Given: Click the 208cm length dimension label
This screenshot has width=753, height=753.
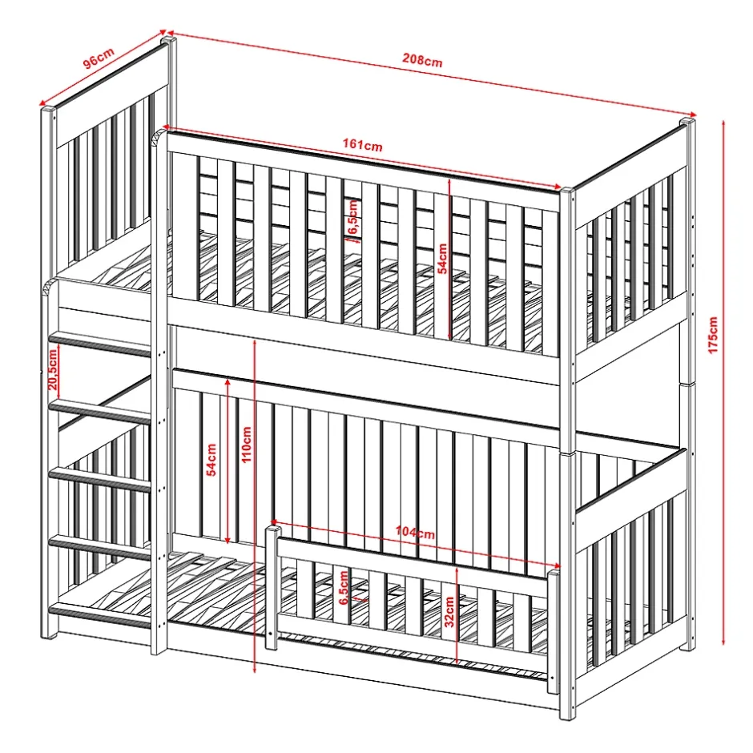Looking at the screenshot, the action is [x=422, y=61].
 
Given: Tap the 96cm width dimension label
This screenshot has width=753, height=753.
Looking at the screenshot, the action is [x=99, y=58].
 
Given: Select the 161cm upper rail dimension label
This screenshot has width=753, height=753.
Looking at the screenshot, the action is [x=363, y=144].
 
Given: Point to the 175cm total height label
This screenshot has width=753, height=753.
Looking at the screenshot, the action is [x=713, y=335].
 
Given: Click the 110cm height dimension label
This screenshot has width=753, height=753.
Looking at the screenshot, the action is [x=247, y=445].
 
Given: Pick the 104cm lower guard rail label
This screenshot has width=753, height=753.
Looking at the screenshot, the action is [x=416, y=533].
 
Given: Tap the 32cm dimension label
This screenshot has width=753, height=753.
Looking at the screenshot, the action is [x=449, y=612].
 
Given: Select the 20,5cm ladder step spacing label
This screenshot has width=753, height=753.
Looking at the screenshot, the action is [x=53, y=369].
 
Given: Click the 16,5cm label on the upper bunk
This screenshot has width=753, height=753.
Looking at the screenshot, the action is [x=353, y=218].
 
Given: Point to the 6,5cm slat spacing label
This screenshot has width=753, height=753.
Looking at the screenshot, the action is [x=344, y=587].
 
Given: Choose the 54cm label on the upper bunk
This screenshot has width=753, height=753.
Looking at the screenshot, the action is [x=442, y=259].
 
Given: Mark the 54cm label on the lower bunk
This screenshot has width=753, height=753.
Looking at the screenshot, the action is [x=211, y=460].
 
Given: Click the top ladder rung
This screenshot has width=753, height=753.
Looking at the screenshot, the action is [x=100, y=344].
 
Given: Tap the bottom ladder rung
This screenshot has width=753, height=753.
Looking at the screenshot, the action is [x=100, y=617].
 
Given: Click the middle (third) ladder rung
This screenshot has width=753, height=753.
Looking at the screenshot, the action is [x=100, y=480].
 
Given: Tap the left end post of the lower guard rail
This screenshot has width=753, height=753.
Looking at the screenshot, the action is [x=272, y=587].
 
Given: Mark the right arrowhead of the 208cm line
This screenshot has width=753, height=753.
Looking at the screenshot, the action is [x=692, y=115].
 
